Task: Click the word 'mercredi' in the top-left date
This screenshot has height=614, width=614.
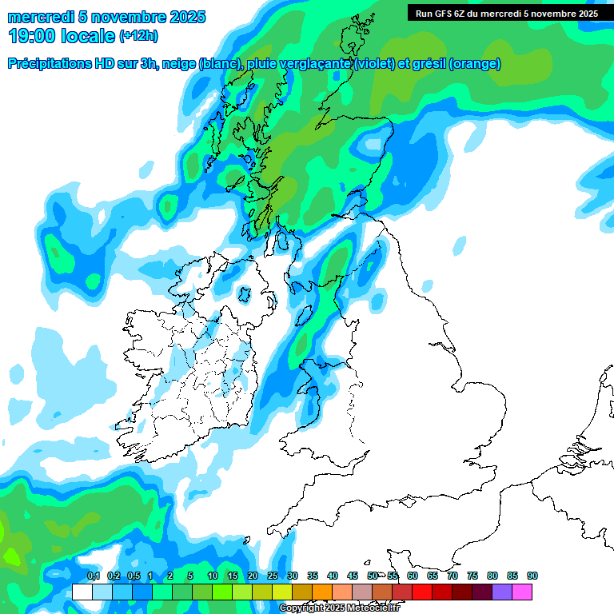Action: (x=40, y=17)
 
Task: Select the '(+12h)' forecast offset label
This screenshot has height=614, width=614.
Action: (x=138, y=36)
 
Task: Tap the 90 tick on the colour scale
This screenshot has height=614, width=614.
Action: (x=532, y=576)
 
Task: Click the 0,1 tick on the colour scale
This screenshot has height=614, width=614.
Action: (x=93, y=576)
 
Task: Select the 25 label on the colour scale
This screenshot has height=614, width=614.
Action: (x=273, y=576)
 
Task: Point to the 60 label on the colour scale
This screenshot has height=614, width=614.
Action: (x=413, y=576)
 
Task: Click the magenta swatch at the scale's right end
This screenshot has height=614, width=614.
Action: (x=522, y=592)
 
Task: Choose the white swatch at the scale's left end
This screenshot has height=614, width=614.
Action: (x=82, y=592)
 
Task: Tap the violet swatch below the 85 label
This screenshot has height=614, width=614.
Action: (x=502, y=592)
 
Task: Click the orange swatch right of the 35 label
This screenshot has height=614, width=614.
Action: (x=322, y=592)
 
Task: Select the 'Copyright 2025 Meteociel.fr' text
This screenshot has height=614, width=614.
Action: (x=339, y=608)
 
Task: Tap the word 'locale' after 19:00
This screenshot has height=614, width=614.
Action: (x=88, y=36)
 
